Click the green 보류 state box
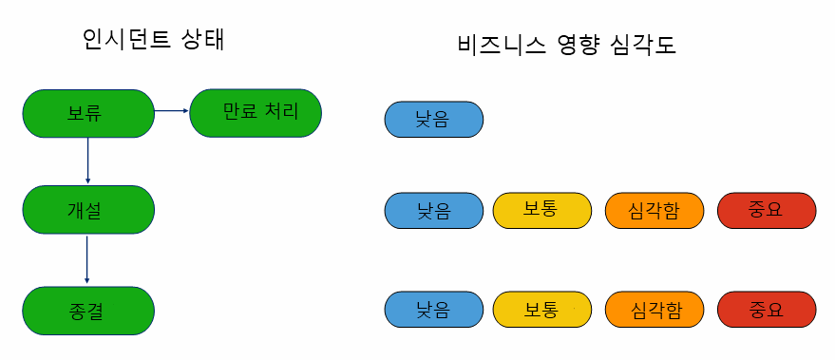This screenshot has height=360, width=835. (x=87, y=114)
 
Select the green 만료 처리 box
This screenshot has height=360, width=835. (x=256, y=113)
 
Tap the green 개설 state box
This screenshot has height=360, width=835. (x=87, y=210)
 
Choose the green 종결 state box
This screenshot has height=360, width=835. (x=87, y=311)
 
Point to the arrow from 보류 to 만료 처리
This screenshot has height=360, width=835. (x=172, y=111)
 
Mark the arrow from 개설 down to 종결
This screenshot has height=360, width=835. (x=87, y=259)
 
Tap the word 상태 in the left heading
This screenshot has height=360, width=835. (x=205, y=40)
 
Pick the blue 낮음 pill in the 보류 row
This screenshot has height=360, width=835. (x=433, y=121)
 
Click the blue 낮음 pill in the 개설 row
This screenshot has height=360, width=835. (x=433, y=210)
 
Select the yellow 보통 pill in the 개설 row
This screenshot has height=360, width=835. (x=541, y=210)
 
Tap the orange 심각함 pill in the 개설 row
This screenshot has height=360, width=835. (x=655, y=210)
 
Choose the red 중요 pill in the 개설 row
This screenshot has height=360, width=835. (x=766, y=210)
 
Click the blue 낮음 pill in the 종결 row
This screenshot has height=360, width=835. (x=433, y=310)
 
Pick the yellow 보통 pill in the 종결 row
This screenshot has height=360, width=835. (x=541, y=310)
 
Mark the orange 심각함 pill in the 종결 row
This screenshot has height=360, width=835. (x=655, y=310)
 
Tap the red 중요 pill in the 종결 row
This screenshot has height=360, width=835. (x=766, y=310)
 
